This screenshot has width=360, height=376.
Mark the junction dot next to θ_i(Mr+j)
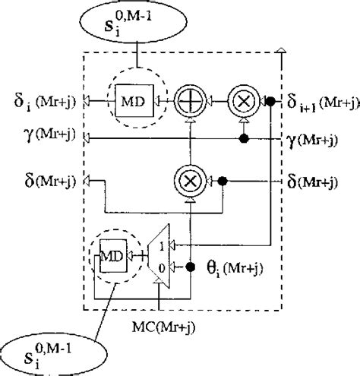click(x=194, y=266)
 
